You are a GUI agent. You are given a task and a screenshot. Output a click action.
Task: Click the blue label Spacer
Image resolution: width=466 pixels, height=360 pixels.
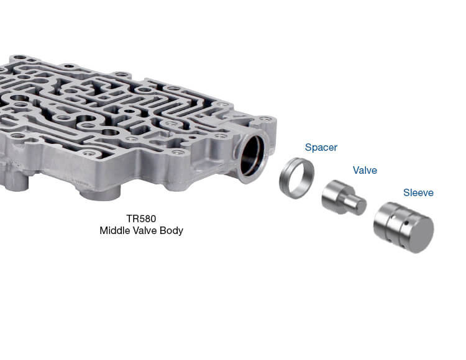321,148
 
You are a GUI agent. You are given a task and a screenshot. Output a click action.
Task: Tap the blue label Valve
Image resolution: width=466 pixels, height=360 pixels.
365,170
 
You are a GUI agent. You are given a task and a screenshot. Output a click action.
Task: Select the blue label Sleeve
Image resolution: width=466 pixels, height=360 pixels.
418,193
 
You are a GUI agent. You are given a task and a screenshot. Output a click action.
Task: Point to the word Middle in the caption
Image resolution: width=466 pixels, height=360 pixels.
114,231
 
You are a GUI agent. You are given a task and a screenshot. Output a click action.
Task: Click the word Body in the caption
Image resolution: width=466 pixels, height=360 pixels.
171,231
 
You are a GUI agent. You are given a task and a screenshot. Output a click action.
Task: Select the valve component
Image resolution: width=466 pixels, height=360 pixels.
340,198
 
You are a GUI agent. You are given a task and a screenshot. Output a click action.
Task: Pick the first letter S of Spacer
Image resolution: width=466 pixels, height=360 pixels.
308,148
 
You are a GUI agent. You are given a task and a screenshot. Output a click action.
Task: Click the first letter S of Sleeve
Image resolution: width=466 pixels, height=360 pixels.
406,193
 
